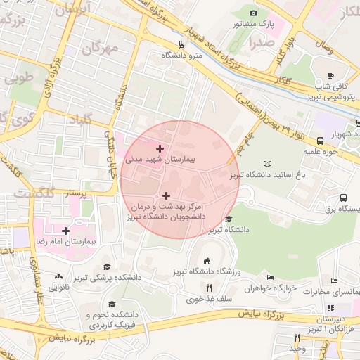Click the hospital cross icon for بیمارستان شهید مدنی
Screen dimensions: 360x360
click(160, 148)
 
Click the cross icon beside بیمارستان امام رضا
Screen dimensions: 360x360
click(65, 231)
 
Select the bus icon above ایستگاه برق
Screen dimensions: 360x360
click(342, 198)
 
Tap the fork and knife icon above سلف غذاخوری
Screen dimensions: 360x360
click(208, 288)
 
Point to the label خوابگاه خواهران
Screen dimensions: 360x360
click(268, 288)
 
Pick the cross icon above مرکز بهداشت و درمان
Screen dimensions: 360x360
click(166, 195)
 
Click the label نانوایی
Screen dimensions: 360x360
click(58, 287)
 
